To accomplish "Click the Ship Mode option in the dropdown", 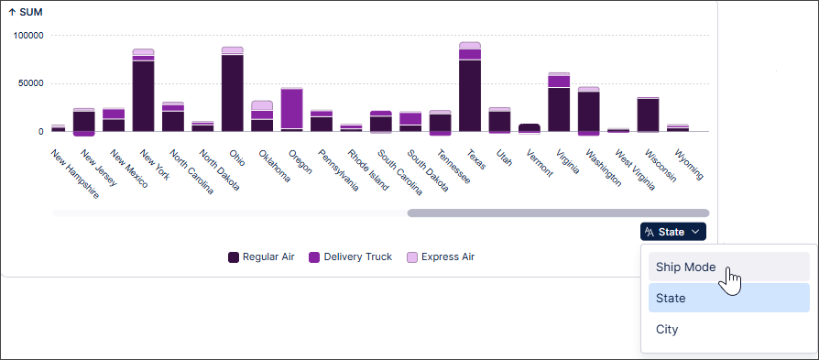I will click(x=686, y=267).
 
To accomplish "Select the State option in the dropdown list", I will click(x=671, y=298).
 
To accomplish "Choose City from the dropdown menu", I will click(x=667, y=329).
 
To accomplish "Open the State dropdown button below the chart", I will click(x=672, y=232).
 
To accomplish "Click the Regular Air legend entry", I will click(x=260, y=256).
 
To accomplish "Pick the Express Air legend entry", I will click(x=440, y=256).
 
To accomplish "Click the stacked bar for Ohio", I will click(x=233, y=92).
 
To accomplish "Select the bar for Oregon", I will click(x=292, y=110).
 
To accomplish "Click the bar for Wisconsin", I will click(x=648, y=115).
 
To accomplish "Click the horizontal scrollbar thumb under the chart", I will click(x=557, y=213).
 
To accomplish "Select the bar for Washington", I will click(x=589, y=111).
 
